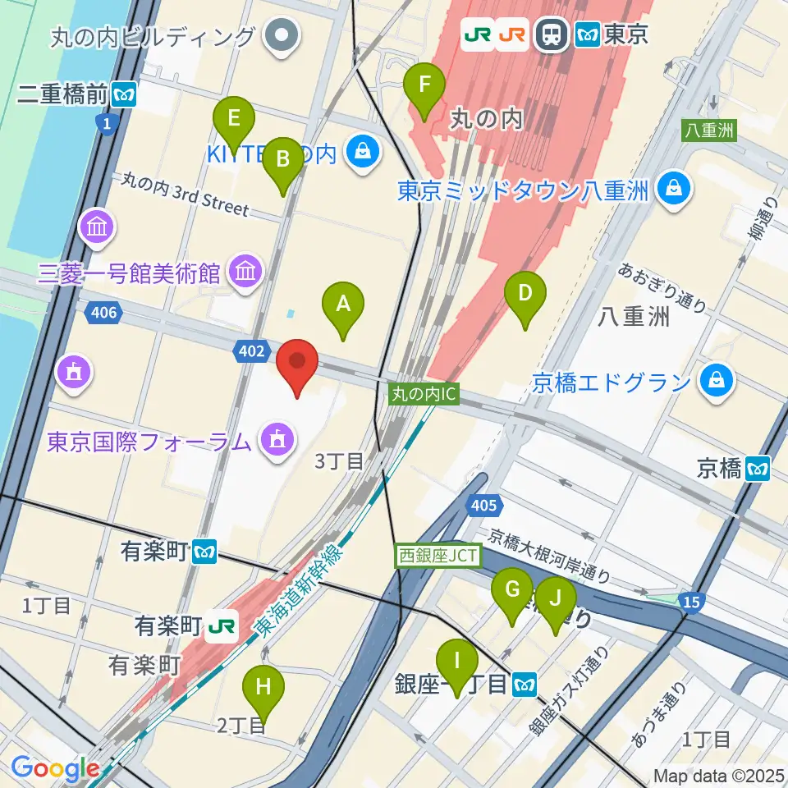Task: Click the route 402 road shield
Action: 252,351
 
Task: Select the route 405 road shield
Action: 484,507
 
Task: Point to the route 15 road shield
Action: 691,603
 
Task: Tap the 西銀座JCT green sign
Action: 437,556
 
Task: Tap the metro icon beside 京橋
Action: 758,468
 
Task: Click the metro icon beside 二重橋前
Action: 126,94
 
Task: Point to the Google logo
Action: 56,769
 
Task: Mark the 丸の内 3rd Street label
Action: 185,195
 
